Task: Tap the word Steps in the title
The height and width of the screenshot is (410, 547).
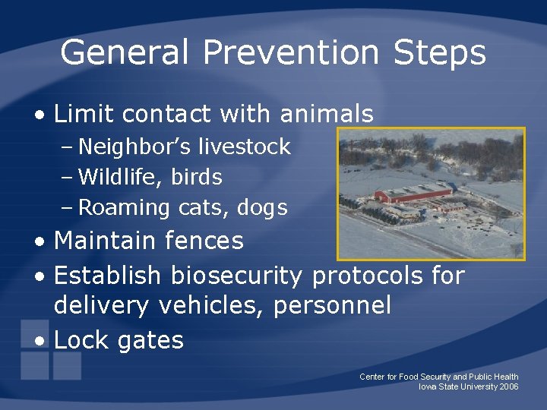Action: (439, 53)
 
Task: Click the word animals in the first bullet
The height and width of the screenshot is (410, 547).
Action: (327, 114)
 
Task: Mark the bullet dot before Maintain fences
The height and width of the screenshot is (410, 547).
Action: (39, 243)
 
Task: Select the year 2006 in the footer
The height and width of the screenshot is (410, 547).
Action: (509, 387)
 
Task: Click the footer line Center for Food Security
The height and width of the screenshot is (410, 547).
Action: (438, 377)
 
